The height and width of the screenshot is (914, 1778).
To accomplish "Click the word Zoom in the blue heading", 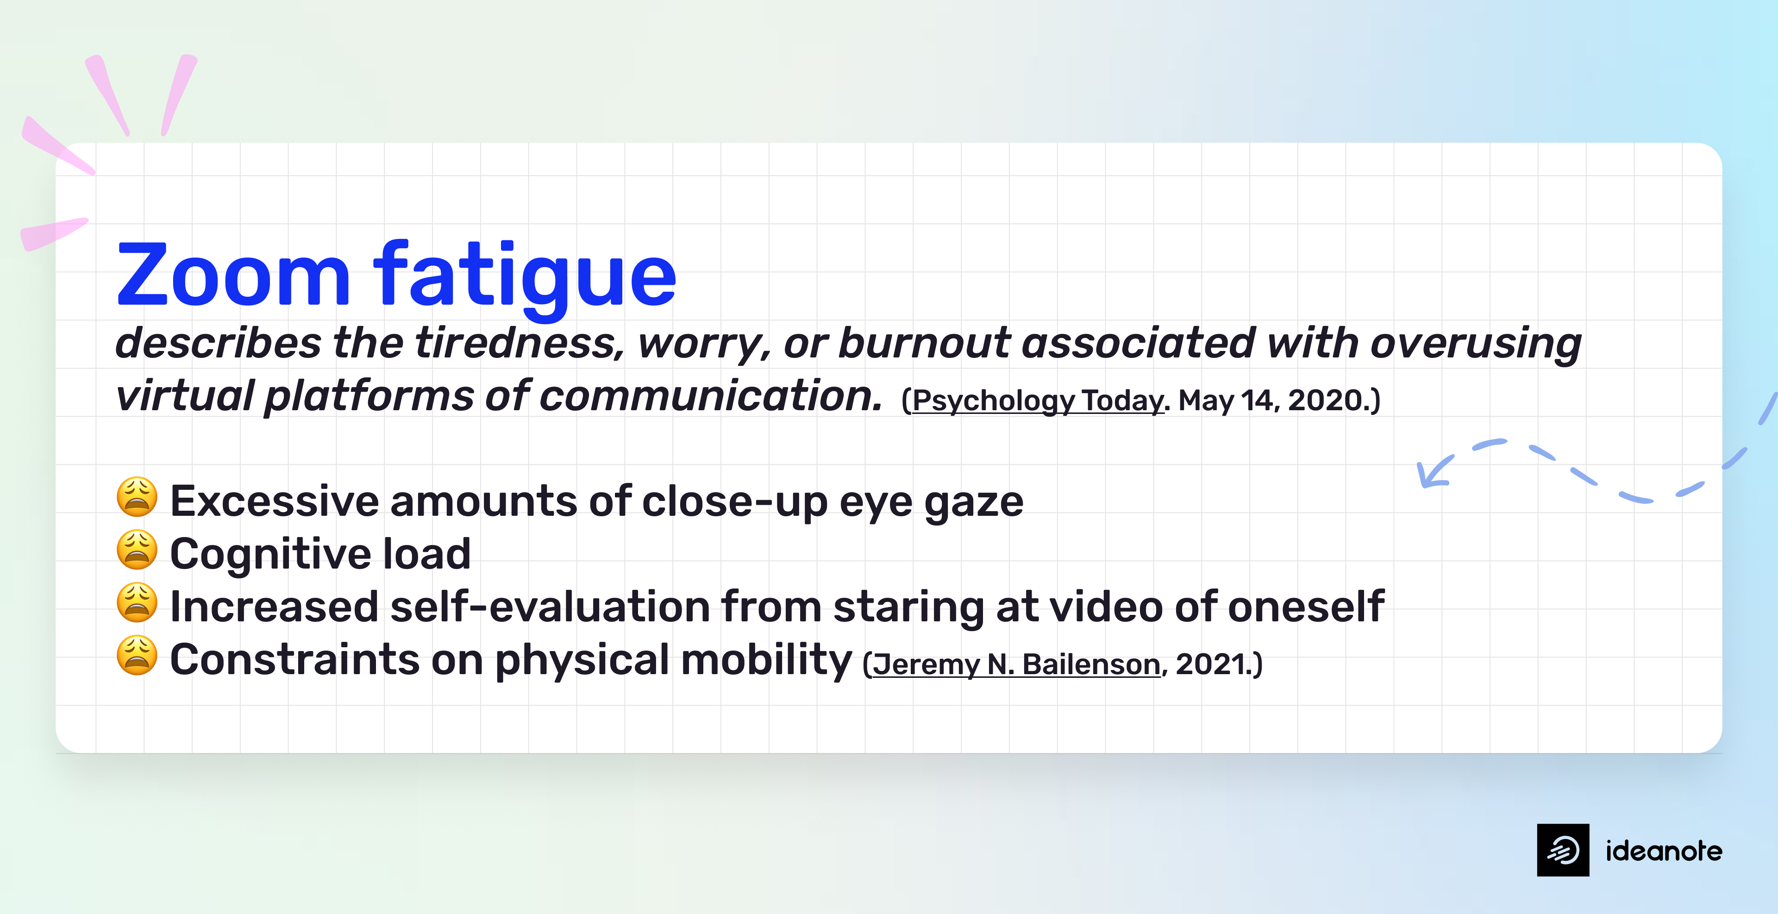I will [233, 276].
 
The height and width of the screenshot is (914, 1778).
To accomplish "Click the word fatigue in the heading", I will [525, 276].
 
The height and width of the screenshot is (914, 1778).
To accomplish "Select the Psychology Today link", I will [1037, 401].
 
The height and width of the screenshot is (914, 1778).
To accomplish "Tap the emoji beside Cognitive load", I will [137, 550].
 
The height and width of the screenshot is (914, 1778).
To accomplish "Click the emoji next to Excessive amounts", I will [137, 497].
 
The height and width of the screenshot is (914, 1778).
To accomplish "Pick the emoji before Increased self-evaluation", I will [137, 603].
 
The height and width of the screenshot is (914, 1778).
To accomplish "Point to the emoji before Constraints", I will [137, 655].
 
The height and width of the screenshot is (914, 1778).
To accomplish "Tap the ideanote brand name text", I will [1664, 851].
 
